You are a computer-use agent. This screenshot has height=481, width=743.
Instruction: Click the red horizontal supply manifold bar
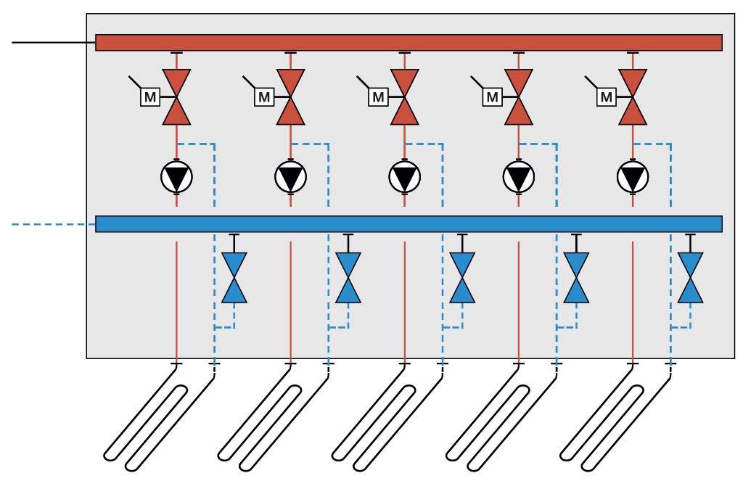point(409,43)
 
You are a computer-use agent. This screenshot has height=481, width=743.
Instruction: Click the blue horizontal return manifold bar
point(409,223)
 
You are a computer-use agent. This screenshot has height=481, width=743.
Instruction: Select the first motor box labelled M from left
point(149,96)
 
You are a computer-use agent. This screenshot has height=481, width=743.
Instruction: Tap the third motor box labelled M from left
point(378,96)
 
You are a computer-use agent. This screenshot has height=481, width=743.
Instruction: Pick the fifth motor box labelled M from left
point(607,96)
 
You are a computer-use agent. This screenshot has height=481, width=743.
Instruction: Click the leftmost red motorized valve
point(176,96)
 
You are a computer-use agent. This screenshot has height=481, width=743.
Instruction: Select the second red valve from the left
point(290,96)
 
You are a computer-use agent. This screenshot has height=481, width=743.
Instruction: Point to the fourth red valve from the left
point(519,96)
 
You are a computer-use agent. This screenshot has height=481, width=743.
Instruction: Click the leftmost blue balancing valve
point(234,277)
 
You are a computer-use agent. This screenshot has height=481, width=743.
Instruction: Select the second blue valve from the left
point(348,277)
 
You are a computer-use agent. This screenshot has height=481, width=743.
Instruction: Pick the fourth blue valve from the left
point(576,277)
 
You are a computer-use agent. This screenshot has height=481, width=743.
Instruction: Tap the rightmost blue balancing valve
point(690,277)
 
